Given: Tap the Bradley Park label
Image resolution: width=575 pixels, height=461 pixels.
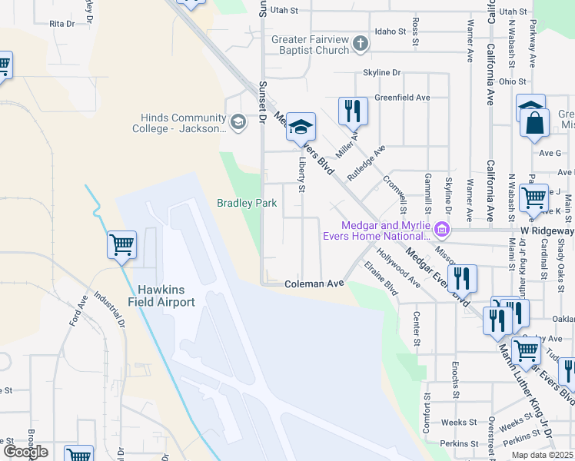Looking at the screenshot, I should (x=246, y=204).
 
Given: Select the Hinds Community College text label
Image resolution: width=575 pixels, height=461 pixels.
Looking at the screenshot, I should (x=183, y=123).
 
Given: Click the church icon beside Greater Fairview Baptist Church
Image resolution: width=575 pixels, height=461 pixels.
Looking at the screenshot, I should (x=362, y=45).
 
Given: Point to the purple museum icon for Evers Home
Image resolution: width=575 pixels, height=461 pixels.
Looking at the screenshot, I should (x=441, y=228).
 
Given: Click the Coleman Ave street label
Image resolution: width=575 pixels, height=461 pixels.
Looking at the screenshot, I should (x=314, y=284).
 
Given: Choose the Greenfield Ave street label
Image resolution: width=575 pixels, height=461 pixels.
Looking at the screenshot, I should (x=402, y=98).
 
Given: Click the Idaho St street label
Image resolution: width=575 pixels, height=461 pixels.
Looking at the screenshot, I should (x=390, y=32).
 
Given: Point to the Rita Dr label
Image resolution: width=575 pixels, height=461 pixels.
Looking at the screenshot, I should (x=61, y=25).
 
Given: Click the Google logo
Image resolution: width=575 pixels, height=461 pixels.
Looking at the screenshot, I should (x=25, y=452).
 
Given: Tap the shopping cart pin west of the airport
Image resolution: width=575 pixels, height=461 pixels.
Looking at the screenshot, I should (x=122, y=245).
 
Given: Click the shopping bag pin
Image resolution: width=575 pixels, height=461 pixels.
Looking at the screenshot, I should (x=534, y=123).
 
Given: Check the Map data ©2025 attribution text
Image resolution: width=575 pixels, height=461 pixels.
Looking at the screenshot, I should (x=542, y=455).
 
